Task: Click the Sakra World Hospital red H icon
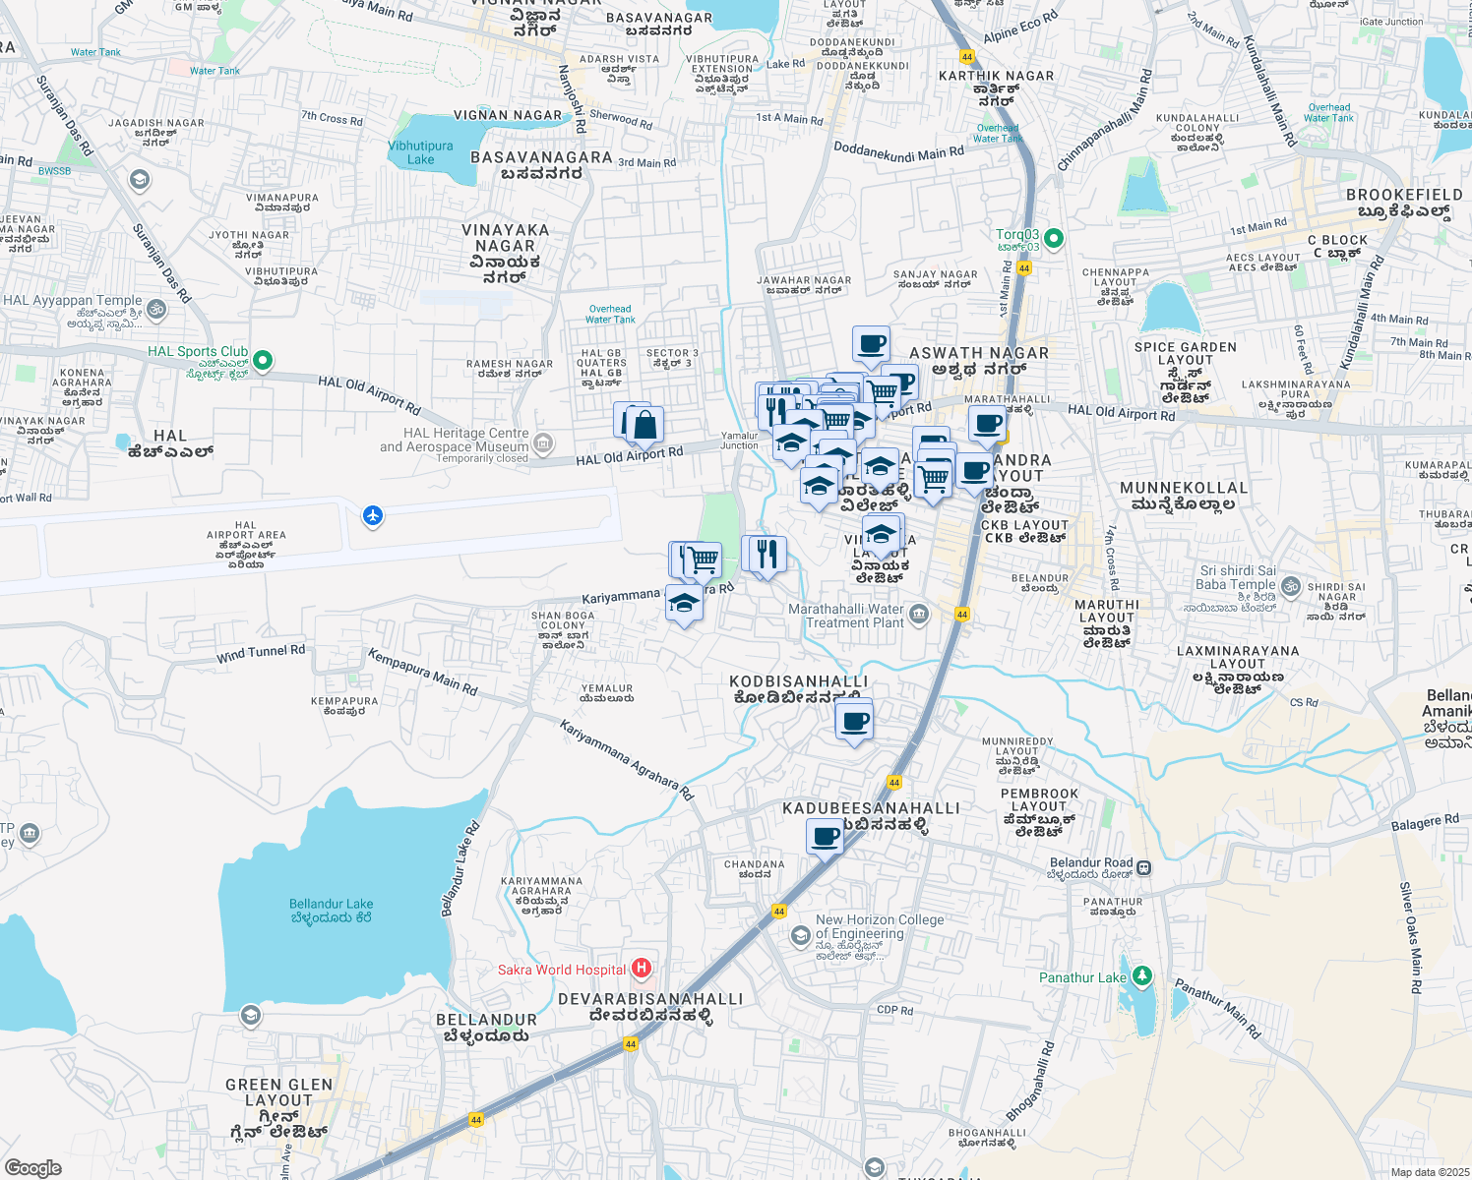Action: click(x=642, y=969)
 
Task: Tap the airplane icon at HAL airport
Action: click(x=372, y=515)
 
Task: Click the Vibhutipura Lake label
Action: click(x=420, y=152)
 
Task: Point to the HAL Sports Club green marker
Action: click(x=263, y=360)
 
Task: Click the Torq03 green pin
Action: click(x=1054, y=238)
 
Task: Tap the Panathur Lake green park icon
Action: click(x=1141, y=976)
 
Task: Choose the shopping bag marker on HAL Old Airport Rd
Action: click(x=644, y=426)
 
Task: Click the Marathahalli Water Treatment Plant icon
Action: click(x=919, y=616)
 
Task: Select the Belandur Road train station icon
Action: click(x=1144, y=868)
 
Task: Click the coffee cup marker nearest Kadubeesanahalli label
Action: click(x=826, y=838)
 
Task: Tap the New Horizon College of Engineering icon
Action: click(x=801, y=935)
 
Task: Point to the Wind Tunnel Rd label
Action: click(x=261, y=653)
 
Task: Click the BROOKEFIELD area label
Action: click(x=1404, y=195)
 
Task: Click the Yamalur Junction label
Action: click(x=740, y=441)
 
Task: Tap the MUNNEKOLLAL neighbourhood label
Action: click(x=1184, y=488)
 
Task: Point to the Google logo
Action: click(x=33, y=1167)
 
